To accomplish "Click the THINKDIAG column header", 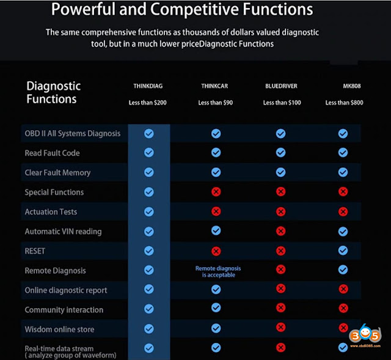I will pyautogui.click(x=149, y=86).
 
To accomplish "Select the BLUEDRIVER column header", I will pyautogui.click(x=282, y=86).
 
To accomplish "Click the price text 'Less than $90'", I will pyautogui.click(x=216, y=103).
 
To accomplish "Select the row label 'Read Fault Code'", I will pyautogui.click(x=52, y=153).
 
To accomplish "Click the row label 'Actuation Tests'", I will pyautogui.click(x=51, y=211).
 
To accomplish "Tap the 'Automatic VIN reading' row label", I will pyautogui.click(x=63, y=232).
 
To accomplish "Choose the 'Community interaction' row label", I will pyautogui.click(x=64, y=310).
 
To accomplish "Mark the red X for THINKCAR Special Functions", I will pyautogui.click(x=216, y=192).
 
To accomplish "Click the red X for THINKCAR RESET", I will pyautogui.click(x=216, y=251).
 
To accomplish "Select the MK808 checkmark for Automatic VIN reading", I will pyautogui.click(x=343, y=232).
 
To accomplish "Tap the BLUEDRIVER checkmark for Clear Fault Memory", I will pyautogui.click(x=280, y=172).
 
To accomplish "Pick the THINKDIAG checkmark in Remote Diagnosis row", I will pyautogui.click(x=149, y=270).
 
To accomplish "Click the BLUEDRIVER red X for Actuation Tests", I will pyautogui.click(x=280, y=211).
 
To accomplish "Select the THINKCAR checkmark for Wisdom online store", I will pyautogui.click(x=216, y=328).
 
